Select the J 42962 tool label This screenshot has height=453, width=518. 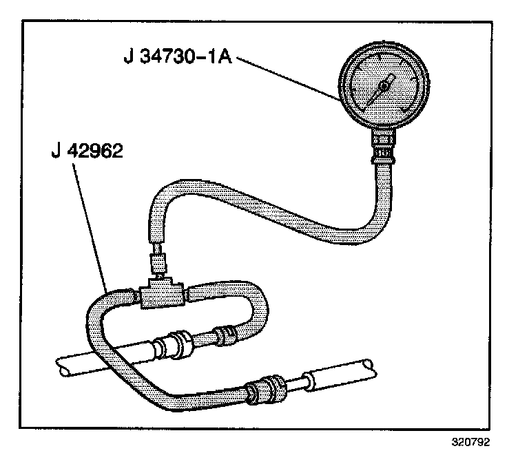pyautogui.click(x=87, y=151)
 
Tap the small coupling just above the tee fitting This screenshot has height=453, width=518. pyautogui.click(x=157, y=262)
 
